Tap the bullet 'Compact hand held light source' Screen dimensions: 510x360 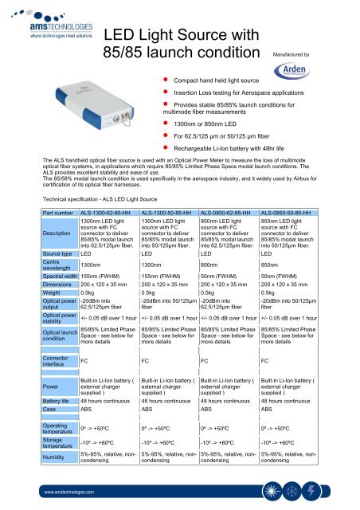[x=222, y=81]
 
